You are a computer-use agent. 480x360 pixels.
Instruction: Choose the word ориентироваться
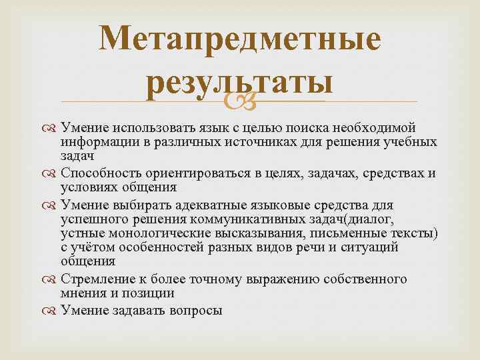(x=199, y=173)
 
